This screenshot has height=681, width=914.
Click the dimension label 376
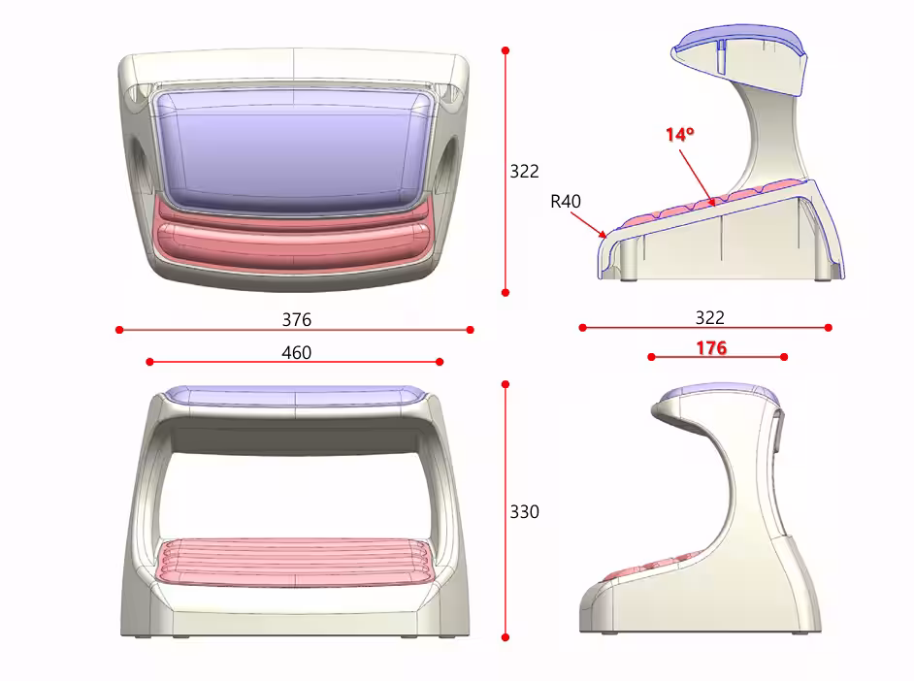coord(297,320)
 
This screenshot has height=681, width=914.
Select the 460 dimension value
coord(297,353)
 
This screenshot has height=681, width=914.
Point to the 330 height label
coord(524,512)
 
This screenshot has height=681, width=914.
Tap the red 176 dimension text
coord(712,348)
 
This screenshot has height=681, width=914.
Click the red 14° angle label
coord(679,135)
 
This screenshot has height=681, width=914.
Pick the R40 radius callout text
coord(566,202)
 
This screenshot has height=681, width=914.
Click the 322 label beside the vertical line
coord(524,172)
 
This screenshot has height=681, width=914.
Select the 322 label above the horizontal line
coord(710,317)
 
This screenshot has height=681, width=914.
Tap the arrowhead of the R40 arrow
coord(604,236)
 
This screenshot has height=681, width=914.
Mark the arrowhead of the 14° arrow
coord(712,203)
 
